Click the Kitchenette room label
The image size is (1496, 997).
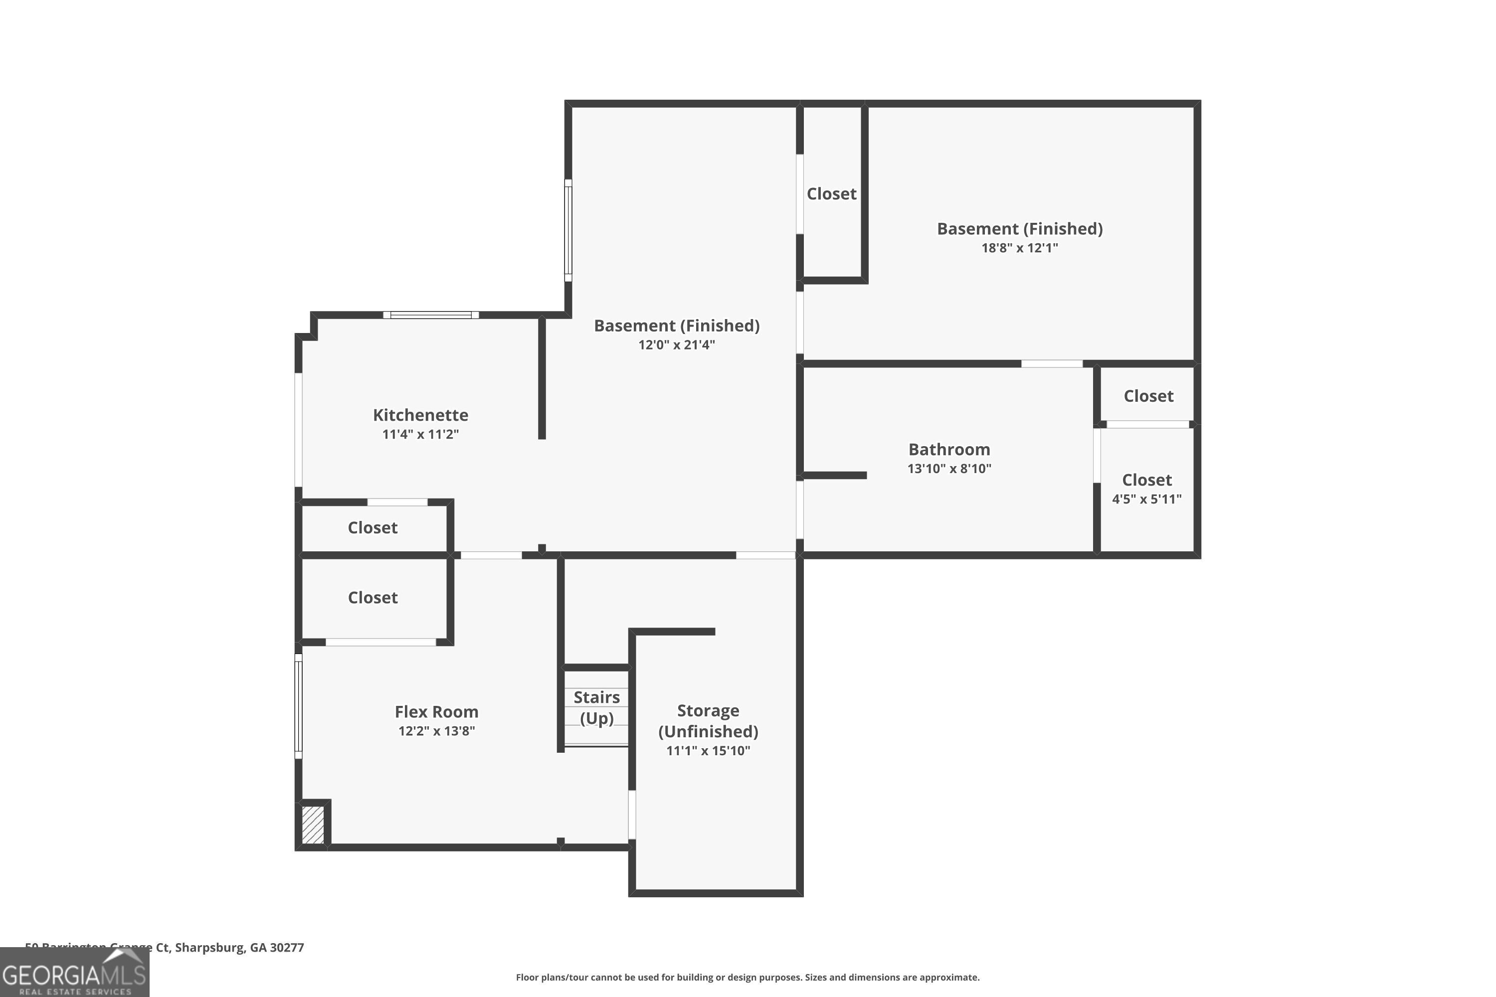pyautogui.click(x=420, y=415)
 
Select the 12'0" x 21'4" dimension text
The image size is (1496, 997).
pyautogui.click(x=676, y=344)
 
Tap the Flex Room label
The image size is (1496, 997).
pyautogui.click(x=436, y=711)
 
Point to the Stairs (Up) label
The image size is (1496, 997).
pyautogui.click(x=596, y=707)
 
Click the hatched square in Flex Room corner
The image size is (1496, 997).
pyautogui.click(x=312, y=825)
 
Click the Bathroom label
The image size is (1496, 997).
pyautogui.click(x=948, y=450)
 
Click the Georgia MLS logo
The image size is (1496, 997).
pyautogui.click(x=74, y=974)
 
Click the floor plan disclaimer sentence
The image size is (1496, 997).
pyautogui.click(x=748, y=977)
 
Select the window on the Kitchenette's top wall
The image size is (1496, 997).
pyautogui.click(x=431, y=315)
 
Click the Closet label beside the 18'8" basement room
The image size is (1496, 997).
pyautogui.click(x=831, y=194)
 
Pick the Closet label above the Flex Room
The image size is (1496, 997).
pyautogui.click(x=372, y=598)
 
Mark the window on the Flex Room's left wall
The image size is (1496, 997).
pyautogui.click(x=298, y=706)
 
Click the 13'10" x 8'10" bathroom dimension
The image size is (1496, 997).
pyautogui.click(x=948, y=469)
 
